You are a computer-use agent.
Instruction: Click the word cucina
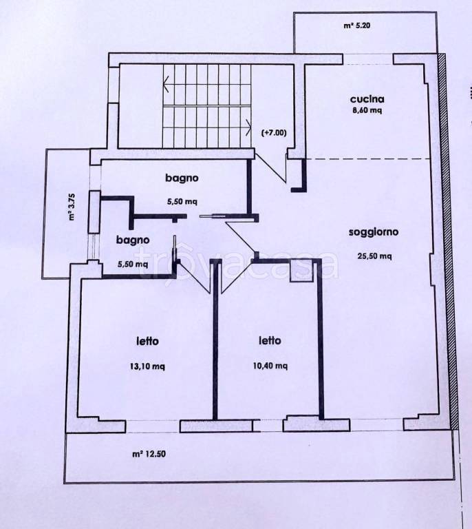(367, 99)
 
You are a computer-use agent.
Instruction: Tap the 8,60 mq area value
(367, 110)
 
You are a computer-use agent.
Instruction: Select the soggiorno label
(374, 232)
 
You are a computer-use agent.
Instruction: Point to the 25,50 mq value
(374, 256)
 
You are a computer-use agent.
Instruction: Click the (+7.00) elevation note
(274, 133)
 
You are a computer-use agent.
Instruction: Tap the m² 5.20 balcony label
(357, 25)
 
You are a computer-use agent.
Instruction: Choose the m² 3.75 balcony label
(72, 207)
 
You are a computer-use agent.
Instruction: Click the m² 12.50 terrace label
(149, 454)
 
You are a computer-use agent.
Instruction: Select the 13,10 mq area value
(147, 366)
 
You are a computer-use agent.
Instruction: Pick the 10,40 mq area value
(270, 366)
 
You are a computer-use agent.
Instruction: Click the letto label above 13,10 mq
(147, 341)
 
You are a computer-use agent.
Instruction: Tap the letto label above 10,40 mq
(270, 341)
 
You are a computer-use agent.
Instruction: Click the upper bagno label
(182, 178)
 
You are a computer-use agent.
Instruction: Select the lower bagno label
(133, 240)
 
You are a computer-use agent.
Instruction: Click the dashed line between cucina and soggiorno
(368, 158)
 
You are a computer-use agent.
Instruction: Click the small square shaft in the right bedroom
(302, 270)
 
